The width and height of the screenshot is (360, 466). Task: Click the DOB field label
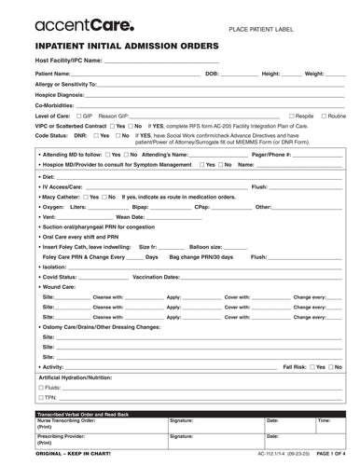coord(212,72)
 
